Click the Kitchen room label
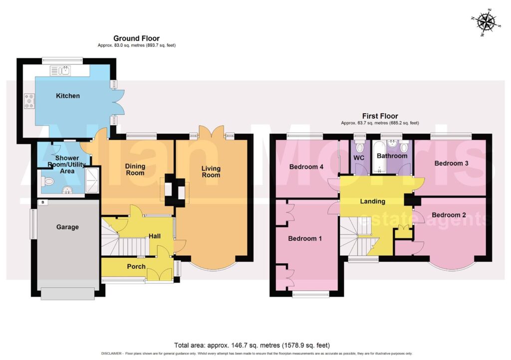point(68,96)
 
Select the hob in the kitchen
point(30,101)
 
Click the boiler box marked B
point(43,202)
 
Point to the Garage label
point(67,227)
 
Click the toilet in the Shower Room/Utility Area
point(47,180)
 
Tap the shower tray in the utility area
point(92,180)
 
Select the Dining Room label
point(135,169)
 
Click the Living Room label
point(211,172)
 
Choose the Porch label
point(136,267)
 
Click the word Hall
point(155,236)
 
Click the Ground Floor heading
point(137,38)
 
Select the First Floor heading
point(380,116)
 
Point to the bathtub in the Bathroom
point(379,157)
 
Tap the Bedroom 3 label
point(451,163)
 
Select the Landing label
point(372,201)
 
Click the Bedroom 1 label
point(305,239)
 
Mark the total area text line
point(252,346)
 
